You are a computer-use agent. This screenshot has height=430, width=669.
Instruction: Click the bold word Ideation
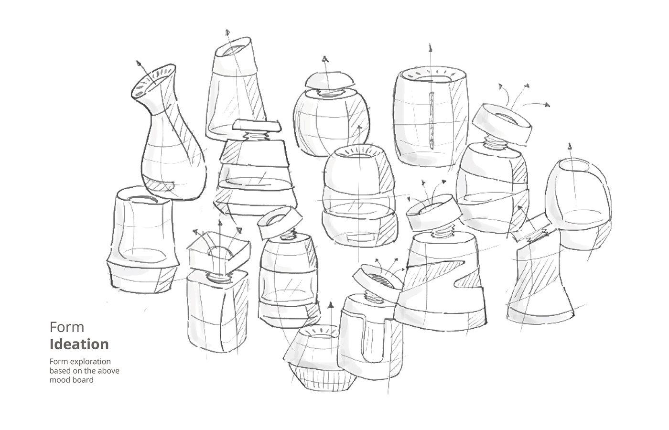(x=79, y=344)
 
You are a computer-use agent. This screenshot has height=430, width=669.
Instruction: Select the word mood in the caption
(x=58, y=380)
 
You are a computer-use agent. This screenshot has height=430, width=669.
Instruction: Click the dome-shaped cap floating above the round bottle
(x=330, y=81)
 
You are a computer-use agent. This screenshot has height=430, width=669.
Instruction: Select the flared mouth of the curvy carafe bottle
(x=153, y=81)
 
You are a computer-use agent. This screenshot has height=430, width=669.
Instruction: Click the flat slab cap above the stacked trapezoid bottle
(x=257, y=126)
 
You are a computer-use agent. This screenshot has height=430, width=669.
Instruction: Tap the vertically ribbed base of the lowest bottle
(x=323, y=377)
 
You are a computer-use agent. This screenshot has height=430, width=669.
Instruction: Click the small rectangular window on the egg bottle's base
(x=361, y=238)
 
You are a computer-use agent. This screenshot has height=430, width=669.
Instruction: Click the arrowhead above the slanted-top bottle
(x=227, y=32)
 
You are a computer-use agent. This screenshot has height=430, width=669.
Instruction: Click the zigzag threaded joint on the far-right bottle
(x=538, y=236)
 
